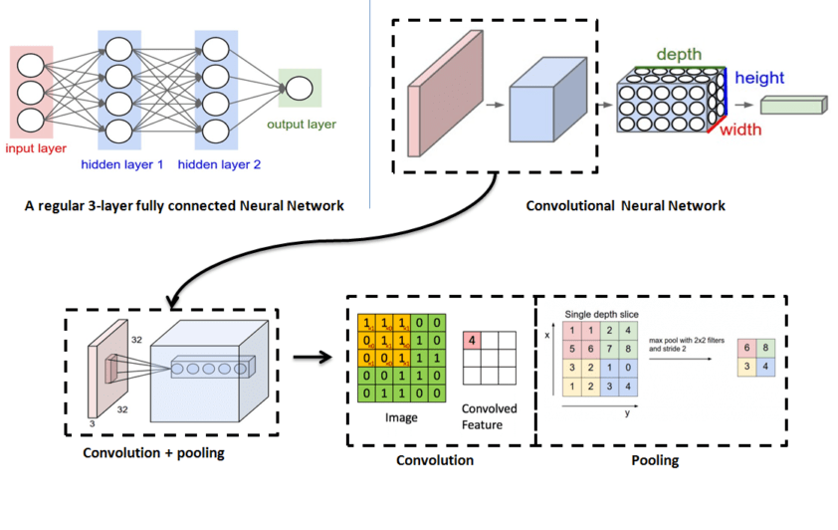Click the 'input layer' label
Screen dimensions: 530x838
click(36, 148)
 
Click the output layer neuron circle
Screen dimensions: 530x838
click(298, 87)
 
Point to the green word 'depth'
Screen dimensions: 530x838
click(680, 54)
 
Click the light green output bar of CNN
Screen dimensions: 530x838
click(793, 105)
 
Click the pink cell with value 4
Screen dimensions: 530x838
click(472, 342)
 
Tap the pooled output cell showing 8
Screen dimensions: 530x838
click(765, 349)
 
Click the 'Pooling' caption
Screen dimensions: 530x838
click(657, 461)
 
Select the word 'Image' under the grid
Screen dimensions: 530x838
click(400, 418)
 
